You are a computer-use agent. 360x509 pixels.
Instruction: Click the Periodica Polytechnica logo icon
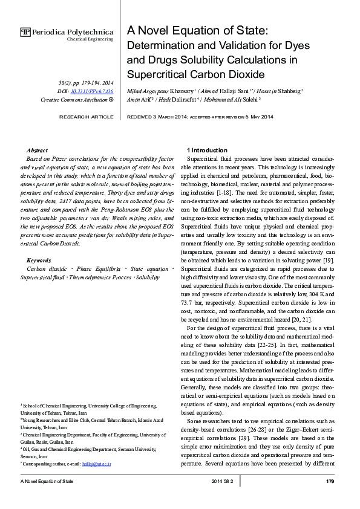tap(25, 32)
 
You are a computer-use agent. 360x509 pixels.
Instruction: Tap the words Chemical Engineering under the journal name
tap(90, 39)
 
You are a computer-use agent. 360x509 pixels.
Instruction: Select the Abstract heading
tap(38, 149)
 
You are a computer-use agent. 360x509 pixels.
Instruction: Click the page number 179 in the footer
tap(330, 481)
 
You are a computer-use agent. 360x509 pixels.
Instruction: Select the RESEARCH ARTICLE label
tap(86, 116)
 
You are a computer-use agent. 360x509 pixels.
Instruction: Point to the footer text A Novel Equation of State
tap(47, 481)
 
